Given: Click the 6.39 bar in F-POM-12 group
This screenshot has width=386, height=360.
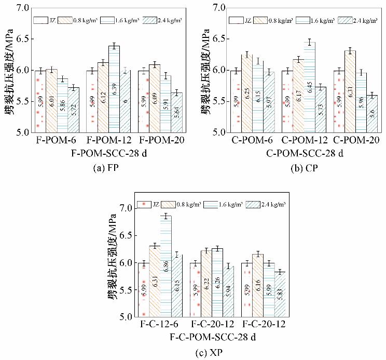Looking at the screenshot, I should tap(114, 88).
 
